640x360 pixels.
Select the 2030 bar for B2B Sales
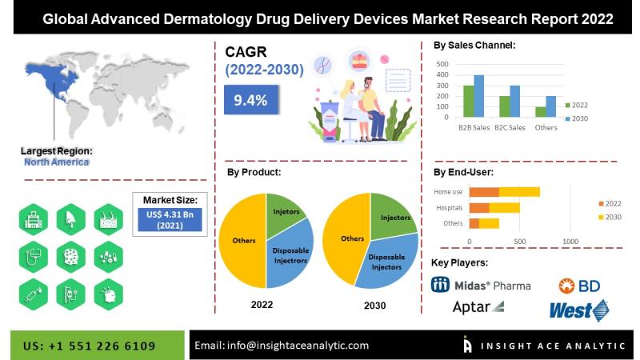479,96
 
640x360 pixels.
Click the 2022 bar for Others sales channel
541,112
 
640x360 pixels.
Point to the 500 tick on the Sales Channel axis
442,63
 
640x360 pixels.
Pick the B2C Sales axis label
510,127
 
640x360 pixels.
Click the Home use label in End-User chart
448,192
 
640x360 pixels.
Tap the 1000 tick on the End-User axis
570,241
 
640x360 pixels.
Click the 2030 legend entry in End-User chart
612,216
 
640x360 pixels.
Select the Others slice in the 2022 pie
243,240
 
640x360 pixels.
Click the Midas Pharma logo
480,285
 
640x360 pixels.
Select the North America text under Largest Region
56,162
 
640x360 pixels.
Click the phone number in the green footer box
90,346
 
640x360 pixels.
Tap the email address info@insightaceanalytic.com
282,346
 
